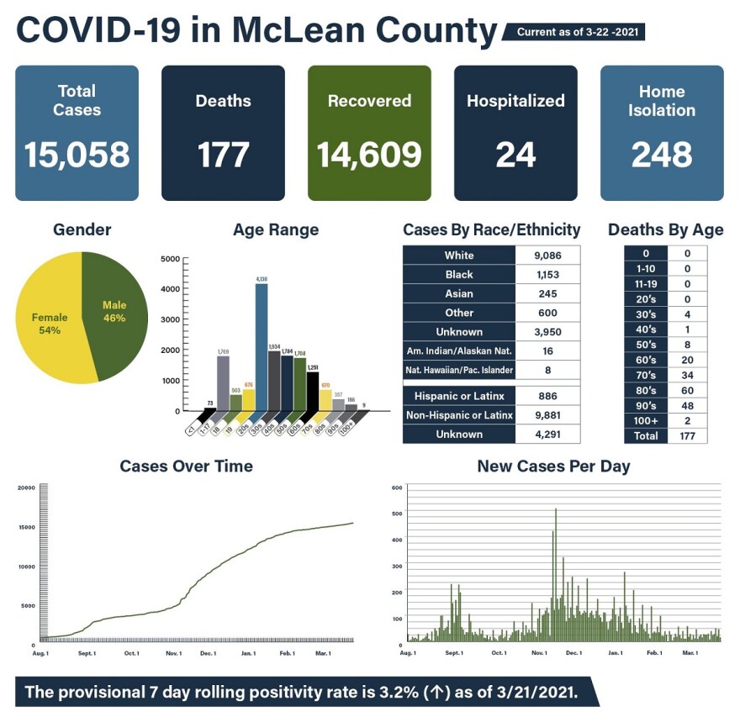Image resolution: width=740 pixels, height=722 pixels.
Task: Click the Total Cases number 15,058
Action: pyautogui.click(x=77, y=155)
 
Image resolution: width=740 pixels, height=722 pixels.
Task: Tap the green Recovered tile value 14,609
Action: pyautogui.click(x=369, y=155)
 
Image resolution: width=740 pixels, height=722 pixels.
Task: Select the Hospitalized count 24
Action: pyautogui.click(x=515, y=155)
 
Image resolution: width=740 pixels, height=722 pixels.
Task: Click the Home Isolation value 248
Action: pyautogui.click(x=662, y=155)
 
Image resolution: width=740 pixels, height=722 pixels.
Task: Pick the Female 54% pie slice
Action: pyautogui.click(x=50, y=324)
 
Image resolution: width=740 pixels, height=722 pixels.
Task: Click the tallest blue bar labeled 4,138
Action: pyautogui.click(x=262, y=345)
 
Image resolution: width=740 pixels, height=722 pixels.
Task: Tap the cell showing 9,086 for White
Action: pyautogui.click(x=547, y=255)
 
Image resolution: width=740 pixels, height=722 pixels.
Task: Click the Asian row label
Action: pyautogui.click(x=459, y=293)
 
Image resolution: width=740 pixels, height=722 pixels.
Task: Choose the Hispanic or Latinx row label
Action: pyautogui.click(x=459, y=395)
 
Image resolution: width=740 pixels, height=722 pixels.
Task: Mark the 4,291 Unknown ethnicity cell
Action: pyautogui.click(x=547, y=434)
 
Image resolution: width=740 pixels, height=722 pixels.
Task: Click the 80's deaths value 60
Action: pyautogui.click(x=687, y=390)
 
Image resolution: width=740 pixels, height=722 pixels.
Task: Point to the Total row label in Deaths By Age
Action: pyautogui.click(x=646, y=436)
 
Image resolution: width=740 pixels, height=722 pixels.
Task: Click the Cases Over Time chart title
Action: pyautogui.click(x=186, y=466)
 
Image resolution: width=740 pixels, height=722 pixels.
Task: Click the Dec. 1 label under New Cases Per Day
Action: pyautogui.click(x=573, y=652)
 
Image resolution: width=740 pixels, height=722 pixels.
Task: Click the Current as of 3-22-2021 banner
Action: pyautogui.click(x=576, y=32)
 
